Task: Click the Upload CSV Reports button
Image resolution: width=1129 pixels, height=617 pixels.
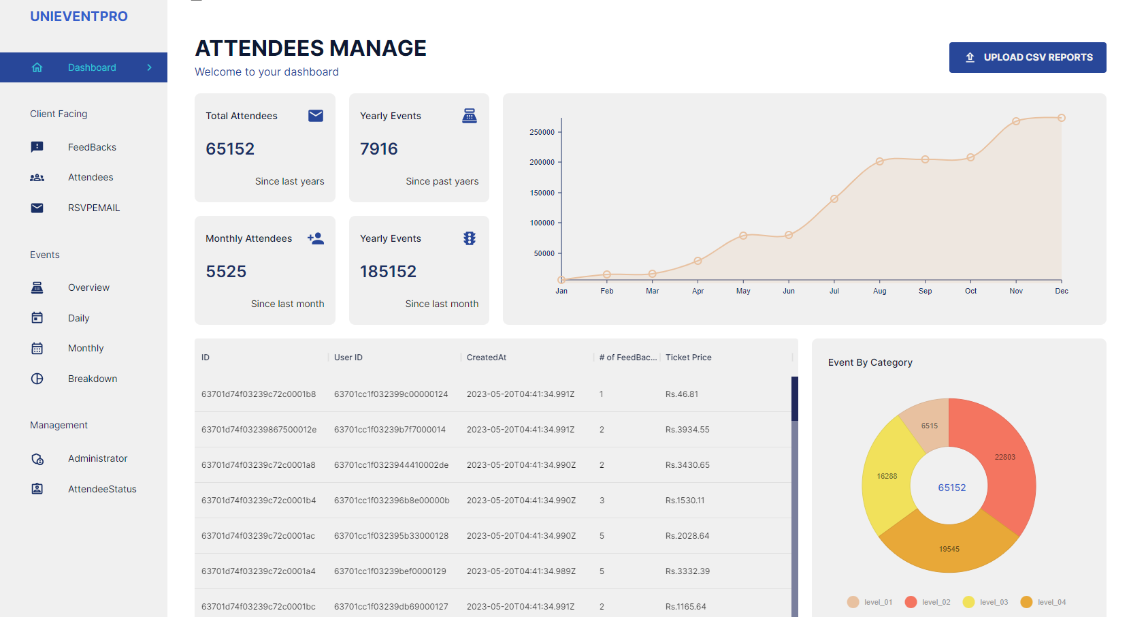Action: coord(1027,57)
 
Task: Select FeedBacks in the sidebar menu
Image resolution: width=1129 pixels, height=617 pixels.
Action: coord(92,147)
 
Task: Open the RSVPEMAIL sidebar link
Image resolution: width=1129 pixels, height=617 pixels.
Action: coord(93,208)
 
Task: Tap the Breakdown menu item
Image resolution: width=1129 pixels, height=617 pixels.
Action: coord(93,379)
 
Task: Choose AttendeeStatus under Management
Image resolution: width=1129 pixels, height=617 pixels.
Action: coord(102,489)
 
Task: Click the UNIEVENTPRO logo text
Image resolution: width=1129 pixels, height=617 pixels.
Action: coord(79,16)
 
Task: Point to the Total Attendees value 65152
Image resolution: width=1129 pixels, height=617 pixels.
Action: coord(230,148)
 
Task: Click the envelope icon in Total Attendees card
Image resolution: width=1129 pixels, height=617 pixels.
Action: coord(316,116)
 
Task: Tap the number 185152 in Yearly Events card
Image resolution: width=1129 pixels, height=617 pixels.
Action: coord(388,271)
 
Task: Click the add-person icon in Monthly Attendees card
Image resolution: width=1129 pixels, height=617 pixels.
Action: coord(316,238)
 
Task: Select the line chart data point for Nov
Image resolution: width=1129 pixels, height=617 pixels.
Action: coord(1016,121)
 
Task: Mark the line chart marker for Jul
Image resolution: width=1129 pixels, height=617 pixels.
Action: coord(834,199)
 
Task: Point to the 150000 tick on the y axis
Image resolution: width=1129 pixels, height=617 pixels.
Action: coord(542,193)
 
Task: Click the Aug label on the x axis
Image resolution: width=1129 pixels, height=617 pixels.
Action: coord(880,291)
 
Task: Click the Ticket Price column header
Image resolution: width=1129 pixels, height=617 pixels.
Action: coord(688,358)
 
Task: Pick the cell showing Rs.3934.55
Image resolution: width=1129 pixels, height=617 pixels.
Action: coord(687,430)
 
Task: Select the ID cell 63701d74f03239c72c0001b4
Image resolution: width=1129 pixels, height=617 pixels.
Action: coord(259,501)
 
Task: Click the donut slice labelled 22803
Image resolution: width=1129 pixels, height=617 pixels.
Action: coord(1004,457)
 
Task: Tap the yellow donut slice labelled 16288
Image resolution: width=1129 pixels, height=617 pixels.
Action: coord(887,476)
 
